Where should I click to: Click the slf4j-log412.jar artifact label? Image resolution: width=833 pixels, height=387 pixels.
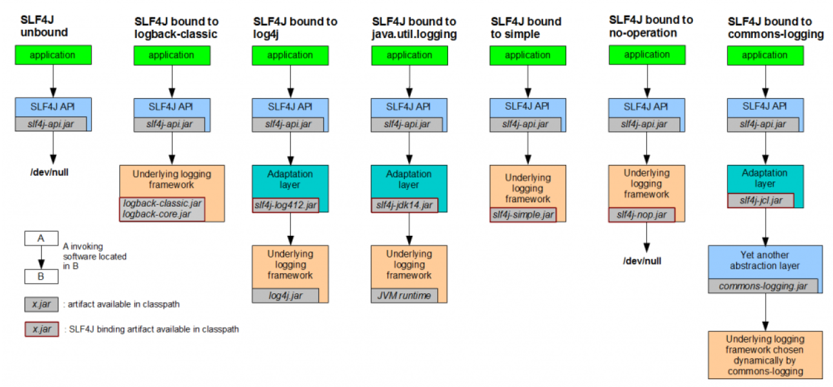285,205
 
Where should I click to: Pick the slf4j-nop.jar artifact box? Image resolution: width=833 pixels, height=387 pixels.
642,214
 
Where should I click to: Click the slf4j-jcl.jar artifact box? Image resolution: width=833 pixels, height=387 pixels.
760,201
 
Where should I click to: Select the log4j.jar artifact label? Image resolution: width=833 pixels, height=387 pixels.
285,295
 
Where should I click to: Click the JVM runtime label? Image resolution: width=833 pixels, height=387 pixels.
404,295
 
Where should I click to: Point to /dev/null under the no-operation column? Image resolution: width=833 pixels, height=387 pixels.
642,261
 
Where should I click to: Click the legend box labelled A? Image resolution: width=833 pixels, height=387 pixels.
41,238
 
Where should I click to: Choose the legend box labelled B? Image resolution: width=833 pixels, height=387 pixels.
41,276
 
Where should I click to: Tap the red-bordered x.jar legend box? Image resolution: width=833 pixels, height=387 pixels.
41,329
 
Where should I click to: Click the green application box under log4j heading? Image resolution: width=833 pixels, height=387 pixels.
290,55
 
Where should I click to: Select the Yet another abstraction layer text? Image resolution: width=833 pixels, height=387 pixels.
765,260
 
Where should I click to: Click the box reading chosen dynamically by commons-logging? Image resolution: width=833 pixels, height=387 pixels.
765,355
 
